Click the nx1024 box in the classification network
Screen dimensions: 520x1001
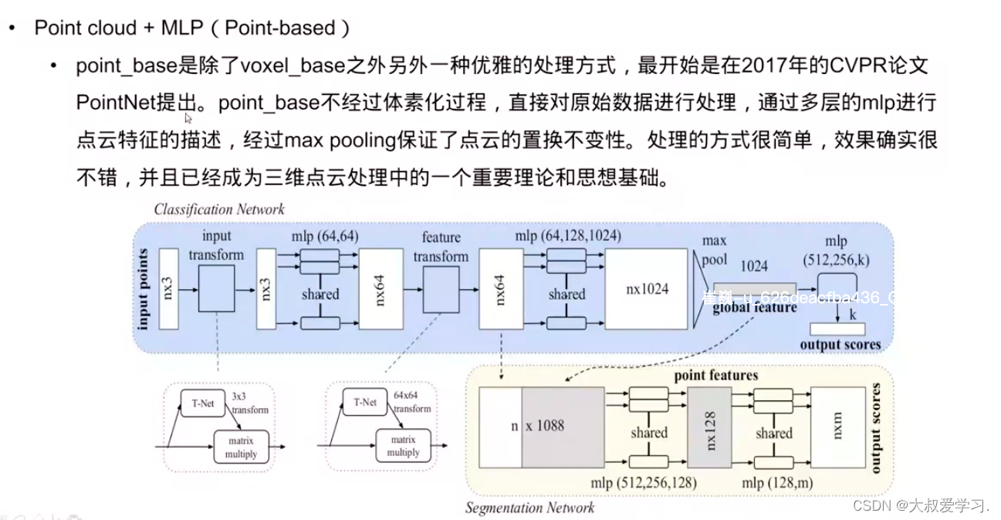(646, 289)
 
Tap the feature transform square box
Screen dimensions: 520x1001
(441, 290)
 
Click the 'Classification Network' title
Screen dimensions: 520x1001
(219, 209)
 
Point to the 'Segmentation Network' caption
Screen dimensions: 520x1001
(529, 508)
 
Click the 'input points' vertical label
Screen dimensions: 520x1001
(144, 289)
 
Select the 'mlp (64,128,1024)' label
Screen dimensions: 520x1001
(568, 235)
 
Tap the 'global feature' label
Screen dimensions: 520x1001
(754, 308)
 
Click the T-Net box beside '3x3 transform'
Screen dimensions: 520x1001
(202, 403)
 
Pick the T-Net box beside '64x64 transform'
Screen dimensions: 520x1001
(365, 402)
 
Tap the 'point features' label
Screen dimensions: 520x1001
(716, 376)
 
